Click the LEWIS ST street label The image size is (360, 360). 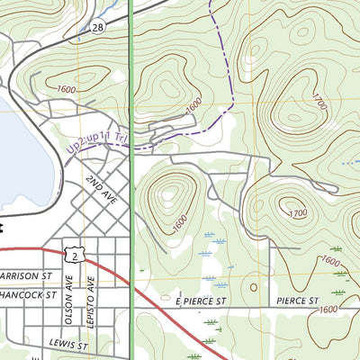click(69, 345)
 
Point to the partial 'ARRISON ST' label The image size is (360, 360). click(27, 275)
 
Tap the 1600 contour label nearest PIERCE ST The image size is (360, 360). click(328, 310)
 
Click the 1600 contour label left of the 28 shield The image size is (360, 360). click(65, 90)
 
